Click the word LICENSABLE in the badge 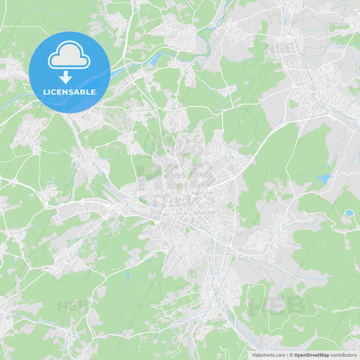point(70,92)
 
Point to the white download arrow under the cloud point(66,76)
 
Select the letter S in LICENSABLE point(75,92)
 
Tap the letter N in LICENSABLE point(69,92)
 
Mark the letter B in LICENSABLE point(86,92)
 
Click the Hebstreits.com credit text point(268,355)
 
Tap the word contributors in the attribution point(343,355)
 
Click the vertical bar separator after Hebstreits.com point(286,355)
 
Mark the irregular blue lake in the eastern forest point(324,179)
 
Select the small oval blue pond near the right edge point(349,213)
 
